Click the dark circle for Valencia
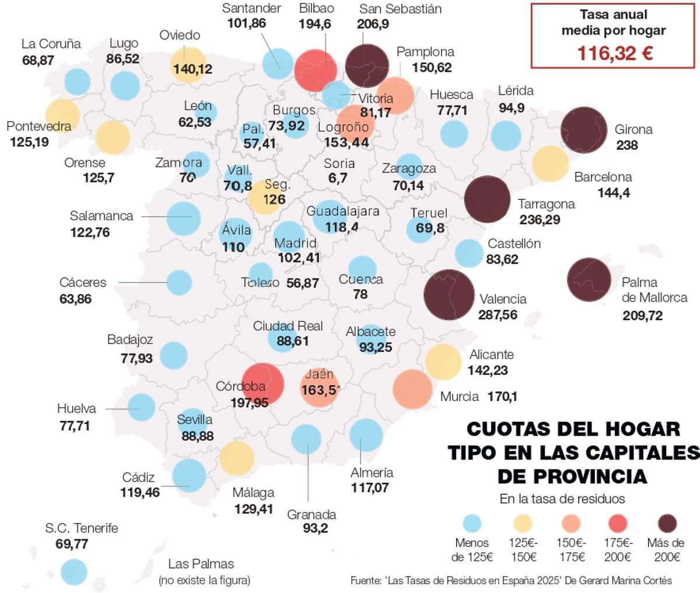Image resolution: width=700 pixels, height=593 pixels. [x=449, y=294]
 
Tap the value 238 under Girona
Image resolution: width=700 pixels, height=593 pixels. [x=627, y=145]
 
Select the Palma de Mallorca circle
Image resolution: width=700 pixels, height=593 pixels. [x=593, y=280]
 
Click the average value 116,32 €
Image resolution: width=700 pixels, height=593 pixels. [x=614, y=54]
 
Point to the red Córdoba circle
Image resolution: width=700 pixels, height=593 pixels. [x=262, y=383]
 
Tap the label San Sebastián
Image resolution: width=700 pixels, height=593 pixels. [x=400, y=9]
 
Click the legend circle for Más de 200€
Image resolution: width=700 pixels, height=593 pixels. [x=661, y=523]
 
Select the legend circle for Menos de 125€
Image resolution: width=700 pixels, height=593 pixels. [x=473, y=523]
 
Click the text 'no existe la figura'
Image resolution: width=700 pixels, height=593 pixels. [x=204, y=580]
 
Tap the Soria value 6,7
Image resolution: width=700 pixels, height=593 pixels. [x=338, y=178]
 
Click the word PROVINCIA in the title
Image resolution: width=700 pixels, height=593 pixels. [x=572, y=476]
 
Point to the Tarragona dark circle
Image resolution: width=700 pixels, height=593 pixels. [x=487, y=199]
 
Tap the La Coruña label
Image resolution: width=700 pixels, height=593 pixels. [x=51, y=44]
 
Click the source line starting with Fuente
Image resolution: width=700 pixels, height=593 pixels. [x=511, y=580]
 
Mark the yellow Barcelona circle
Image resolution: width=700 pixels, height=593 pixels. [x=550, y=164]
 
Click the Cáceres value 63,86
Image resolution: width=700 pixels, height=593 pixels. [x=75, y=299]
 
